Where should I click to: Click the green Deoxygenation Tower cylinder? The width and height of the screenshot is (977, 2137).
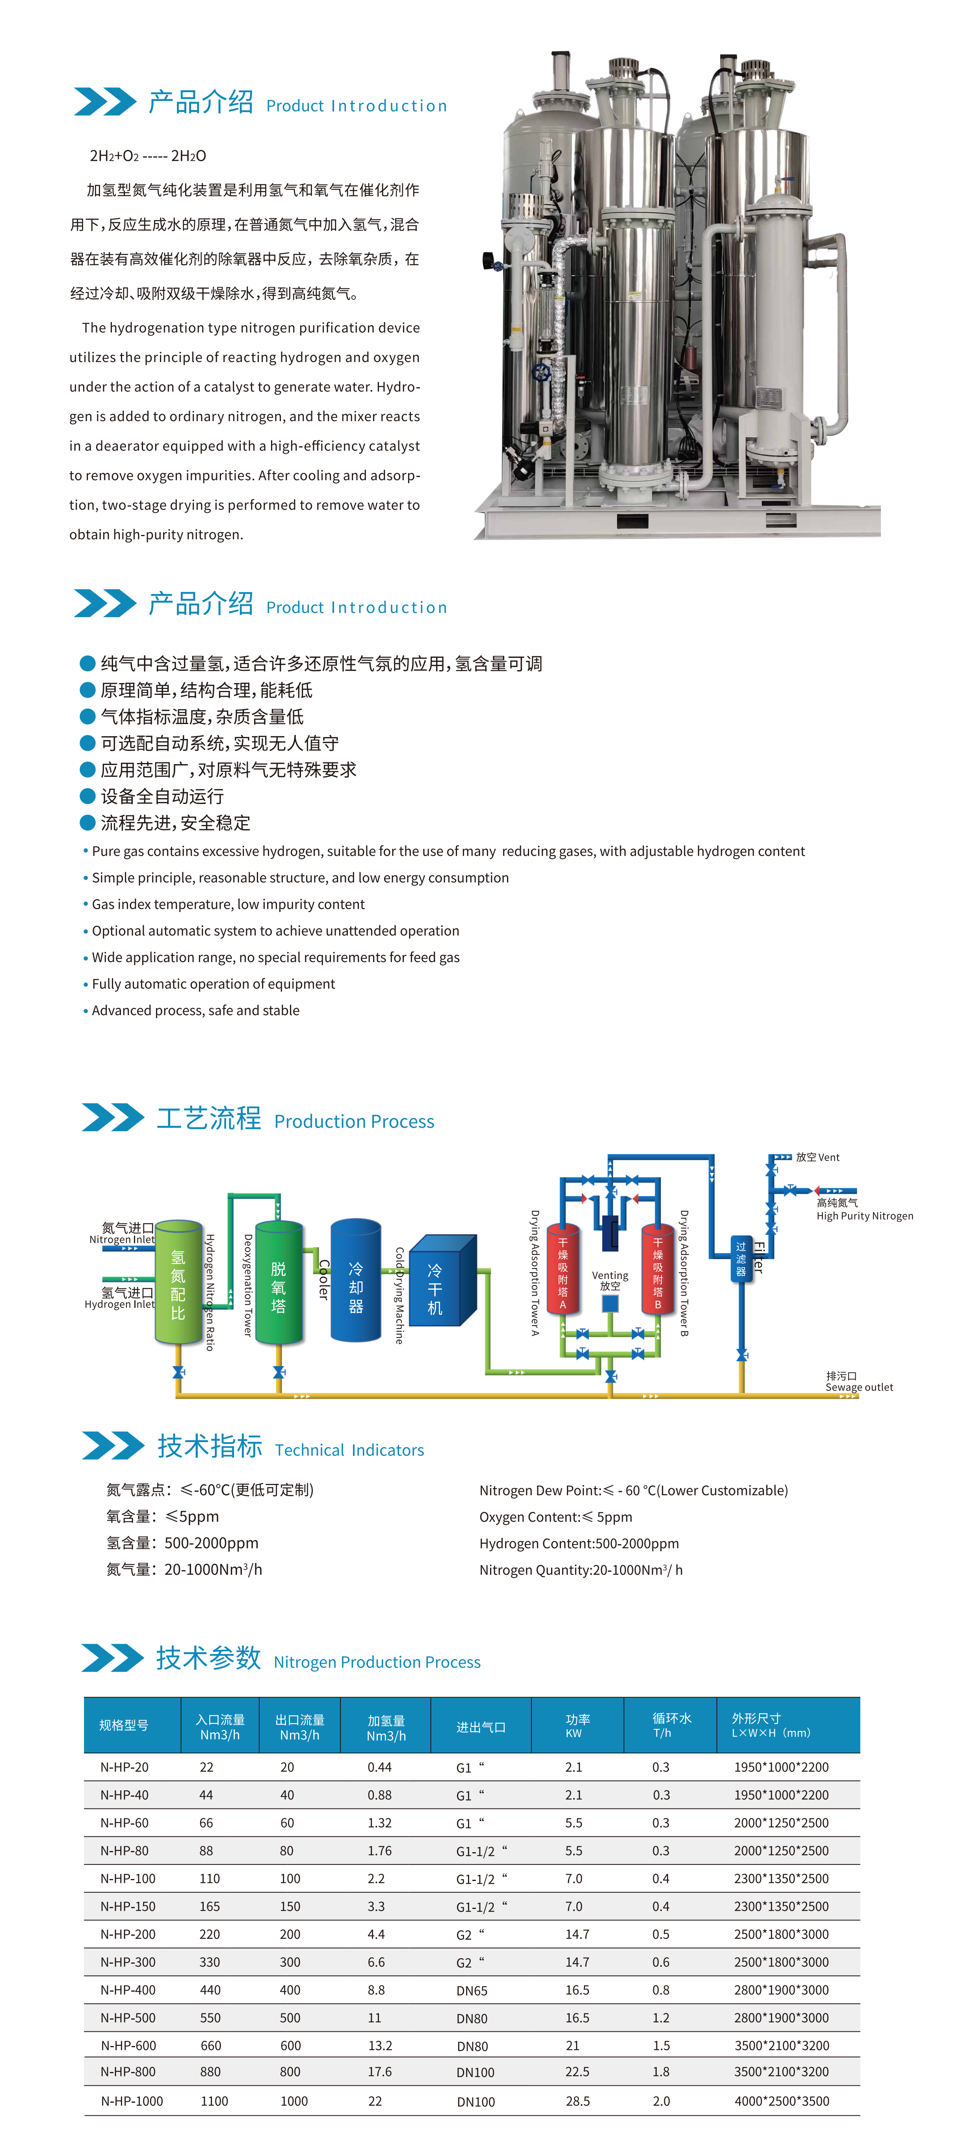[279, 1282]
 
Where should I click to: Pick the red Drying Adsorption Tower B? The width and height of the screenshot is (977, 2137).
[658, 1269]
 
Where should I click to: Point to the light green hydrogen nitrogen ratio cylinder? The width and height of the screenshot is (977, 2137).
[178, 1282]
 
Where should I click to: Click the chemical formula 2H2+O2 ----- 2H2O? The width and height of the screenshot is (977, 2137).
[148, 156]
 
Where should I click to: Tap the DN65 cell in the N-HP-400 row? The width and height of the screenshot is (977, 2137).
[472, 1990]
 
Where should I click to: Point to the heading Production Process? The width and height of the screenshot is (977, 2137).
[354, 1121]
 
